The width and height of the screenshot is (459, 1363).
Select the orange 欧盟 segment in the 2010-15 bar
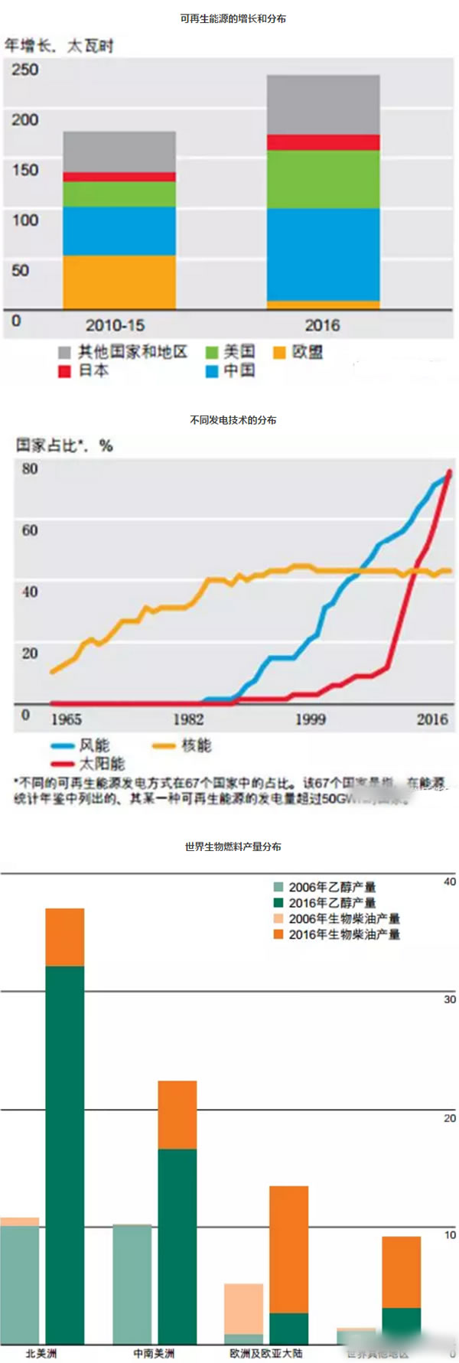[119, 282]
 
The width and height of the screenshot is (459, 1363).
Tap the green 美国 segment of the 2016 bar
[323, 179]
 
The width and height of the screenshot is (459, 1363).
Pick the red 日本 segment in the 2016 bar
[323, 142]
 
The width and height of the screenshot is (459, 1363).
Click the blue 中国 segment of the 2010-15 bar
[119, 230]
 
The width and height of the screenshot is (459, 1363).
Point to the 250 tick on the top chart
[24, 70]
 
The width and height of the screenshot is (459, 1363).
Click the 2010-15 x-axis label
[115, 325]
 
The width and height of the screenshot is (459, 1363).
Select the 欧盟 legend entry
[307, 352]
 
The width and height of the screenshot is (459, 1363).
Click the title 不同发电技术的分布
[233, 419]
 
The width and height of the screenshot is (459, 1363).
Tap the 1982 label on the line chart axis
[188, 719]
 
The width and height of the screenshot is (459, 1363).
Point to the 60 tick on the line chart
[30, 530]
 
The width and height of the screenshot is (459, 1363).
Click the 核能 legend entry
[196, 745]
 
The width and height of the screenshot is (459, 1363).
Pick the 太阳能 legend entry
[101, 763]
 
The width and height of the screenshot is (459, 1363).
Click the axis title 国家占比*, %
[64, 445]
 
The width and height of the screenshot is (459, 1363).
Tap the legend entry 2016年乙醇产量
[332, 903]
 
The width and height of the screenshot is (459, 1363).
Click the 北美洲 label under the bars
[41, 1353]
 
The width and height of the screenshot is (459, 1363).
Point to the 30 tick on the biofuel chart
[449, 999]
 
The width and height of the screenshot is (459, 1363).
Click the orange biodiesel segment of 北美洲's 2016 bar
[65, 937]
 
